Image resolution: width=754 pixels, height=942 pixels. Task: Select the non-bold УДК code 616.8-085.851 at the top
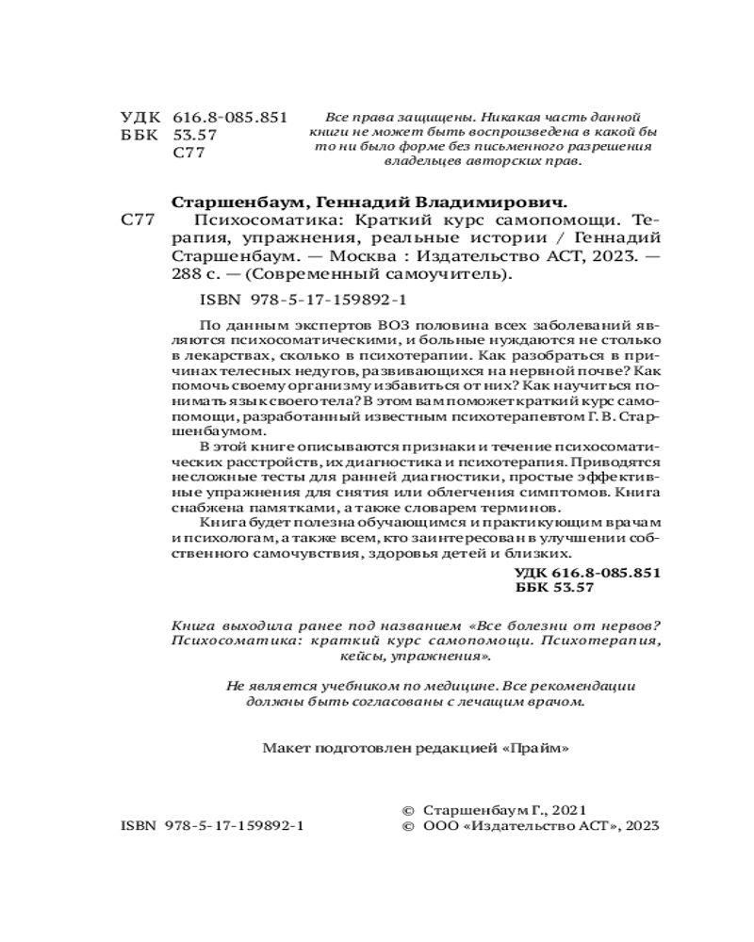[x=230, y=117]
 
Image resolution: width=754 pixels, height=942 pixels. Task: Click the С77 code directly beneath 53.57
[x=189, y=154]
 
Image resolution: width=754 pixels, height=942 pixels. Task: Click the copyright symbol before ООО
[x=407, y=824]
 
